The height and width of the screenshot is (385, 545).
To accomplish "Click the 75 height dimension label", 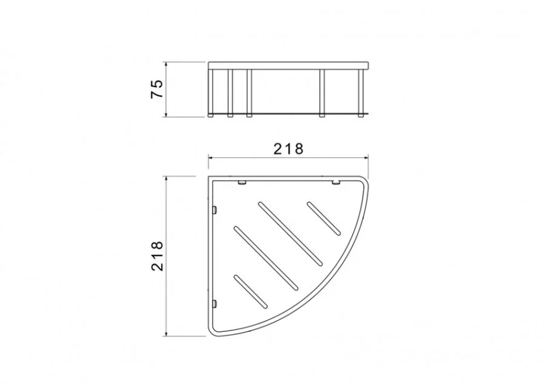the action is pos(157,89).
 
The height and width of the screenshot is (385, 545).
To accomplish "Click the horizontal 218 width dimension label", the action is pos(288,149).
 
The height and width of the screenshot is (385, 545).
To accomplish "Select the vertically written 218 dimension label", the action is pos(157,256).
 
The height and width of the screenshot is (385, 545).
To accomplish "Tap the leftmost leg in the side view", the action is pos(211,92).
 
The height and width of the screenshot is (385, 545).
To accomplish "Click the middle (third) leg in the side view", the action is pos(249,93).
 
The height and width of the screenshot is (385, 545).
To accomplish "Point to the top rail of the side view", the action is pos(288,65).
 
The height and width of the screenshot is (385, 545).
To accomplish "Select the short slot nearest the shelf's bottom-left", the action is pos(251,292).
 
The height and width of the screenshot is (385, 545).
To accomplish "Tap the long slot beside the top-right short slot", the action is pos(290,234).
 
